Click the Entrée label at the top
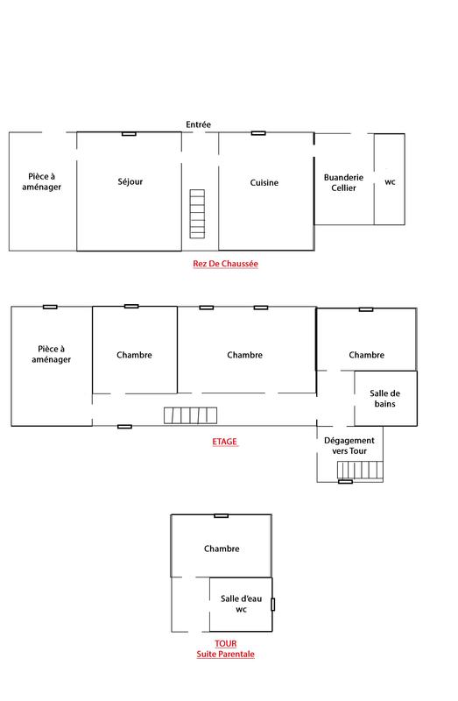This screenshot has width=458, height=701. [x=199, y=124]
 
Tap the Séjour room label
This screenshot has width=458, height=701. [x=130, y=182]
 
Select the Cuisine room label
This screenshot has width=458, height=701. [x=264, y=182]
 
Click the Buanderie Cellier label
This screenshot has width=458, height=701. [x=339, y=182]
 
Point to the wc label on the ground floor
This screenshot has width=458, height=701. [x=390, y=181]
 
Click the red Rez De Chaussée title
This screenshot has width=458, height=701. [x=226, y=263]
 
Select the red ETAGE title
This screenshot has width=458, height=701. [x=226, y=443]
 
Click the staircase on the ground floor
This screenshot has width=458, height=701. [x=197, y=212]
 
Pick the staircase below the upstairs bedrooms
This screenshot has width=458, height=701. [x=189, y=415]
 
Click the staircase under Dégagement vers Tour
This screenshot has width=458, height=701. [x=356, y=471]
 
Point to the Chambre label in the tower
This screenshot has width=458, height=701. [x=222, y=549]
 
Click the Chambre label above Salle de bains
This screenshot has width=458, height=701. [x=366, y=355]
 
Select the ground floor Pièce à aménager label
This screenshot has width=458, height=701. [x=43, y=181]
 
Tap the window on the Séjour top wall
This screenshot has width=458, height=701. [x=129, y=133]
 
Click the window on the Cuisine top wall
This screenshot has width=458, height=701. [x=258, y=133]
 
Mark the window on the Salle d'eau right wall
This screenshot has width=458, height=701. [x=272, y=604]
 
